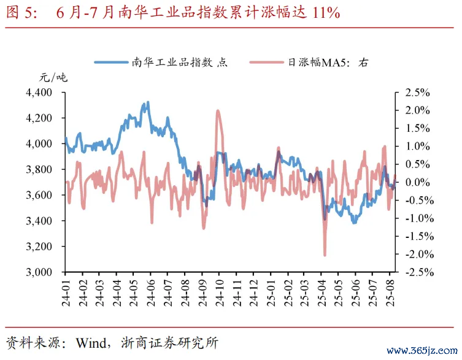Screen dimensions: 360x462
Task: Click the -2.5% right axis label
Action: pos(417,272)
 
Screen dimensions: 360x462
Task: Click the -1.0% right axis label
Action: pos(417,218)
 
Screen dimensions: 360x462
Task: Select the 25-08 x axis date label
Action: pos(388,291)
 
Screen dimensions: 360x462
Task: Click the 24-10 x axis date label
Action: pos(217,291)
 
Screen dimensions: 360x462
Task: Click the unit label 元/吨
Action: pos(53,78)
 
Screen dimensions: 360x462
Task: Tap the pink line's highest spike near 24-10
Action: pos(218,110)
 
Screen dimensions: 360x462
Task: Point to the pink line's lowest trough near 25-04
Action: pos(325,255)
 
